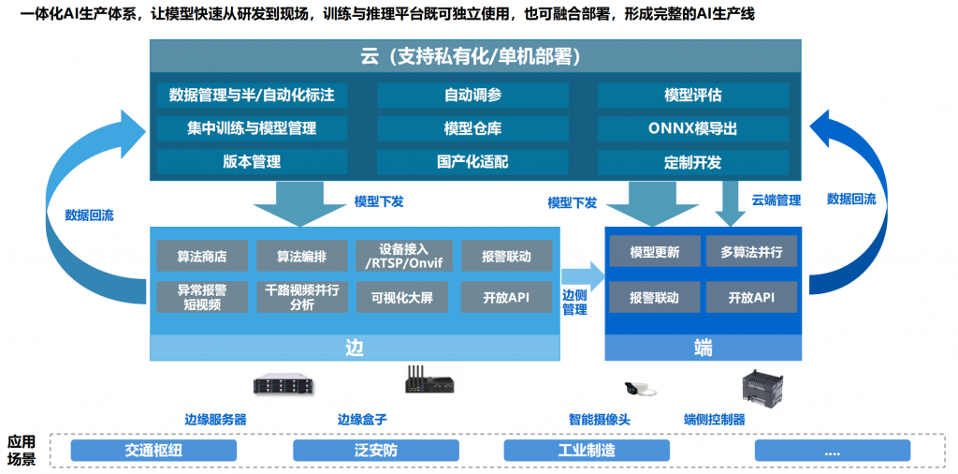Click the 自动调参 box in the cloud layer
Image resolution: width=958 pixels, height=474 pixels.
coord(472,96)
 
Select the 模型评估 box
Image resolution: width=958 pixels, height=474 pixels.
coord(692,96)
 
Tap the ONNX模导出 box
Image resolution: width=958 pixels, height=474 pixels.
coord(692,128)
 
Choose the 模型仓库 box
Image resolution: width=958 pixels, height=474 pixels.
coord(472,128)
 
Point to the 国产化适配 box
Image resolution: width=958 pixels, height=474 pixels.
coord(472,161)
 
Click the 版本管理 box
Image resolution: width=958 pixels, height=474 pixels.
coord(252,161)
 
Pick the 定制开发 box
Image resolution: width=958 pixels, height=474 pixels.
coord(692,161)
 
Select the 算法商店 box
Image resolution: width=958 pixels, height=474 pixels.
coord(201,256)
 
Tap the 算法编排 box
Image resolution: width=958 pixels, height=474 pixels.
coord(300,256)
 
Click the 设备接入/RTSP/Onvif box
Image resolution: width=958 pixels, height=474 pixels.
coord(403,256)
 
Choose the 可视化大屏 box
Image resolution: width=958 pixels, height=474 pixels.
coord(403,297)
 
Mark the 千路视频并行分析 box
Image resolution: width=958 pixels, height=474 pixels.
coord(300,297)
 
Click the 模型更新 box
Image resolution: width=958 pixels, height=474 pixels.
coord(654,252)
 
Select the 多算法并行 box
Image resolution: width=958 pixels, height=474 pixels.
coord(752,252)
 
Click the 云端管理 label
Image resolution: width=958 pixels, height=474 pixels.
coord(776,200)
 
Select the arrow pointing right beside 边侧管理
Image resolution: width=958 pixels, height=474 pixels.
coord(582,275)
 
